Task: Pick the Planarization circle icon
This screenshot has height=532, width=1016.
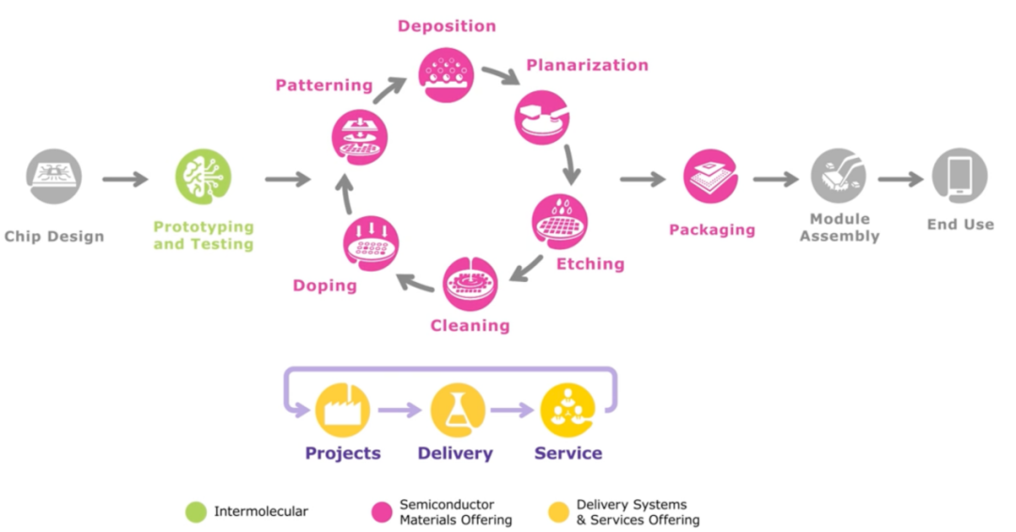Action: point(542,117)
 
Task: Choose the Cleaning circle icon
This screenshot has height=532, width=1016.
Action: point(470,284)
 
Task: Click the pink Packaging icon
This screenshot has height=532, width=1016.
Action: point(711,177)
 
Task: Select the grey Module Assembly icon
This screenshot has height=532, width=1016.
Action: point(838,177)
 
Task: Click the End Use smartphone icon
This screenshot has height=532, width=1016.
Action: point(960,177)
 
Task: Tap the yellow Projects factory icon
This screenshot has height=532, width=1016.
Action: point(342,411)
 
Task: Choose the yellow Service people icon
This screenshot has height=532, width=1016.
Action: point(568,411)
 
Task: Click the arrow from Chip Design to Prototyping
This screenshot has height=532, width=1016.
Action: point(125,179)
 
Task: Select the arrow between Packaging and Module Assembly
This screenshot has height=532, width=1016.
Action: point(774,179)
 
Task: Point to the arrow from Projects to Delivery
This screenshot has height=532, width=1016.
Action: point(400,411)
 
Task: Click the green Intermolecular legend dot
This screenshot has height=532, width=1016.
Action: point(196,512)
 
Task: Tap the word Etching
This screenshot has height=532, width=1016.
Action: point(590,264)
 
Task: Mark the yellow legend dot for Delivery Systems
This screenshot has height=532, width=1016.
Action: point(558,512)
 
